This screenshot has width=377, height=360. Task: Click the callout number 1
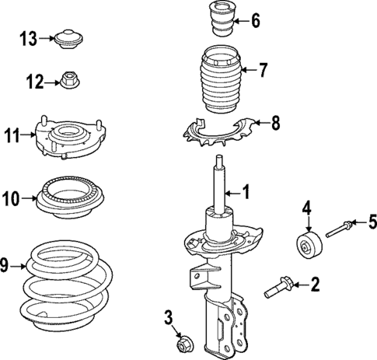pos(247,190)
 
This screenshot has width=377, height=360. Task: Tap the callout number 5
pos(372,223)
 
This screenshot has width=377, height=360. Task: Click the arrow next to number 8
pos(257,123)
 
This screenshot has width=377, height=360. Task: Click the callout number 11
pos(10,137)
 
